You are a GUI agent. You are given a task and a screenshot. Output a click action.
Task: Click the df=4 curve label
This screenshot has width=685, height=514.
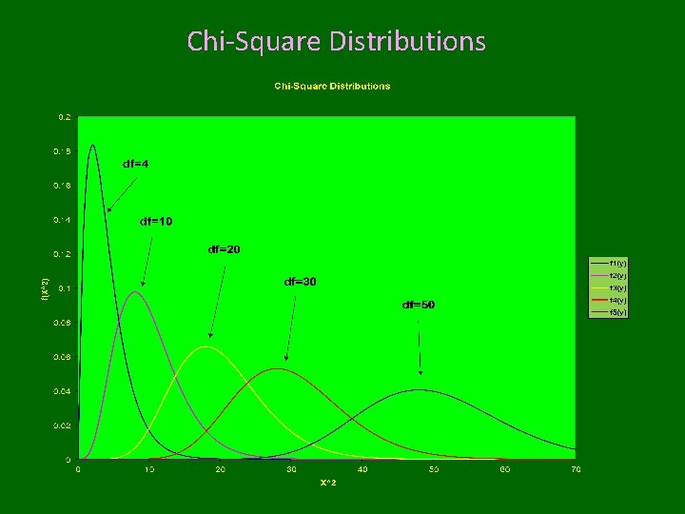pyautogui.click(x=135, y=164)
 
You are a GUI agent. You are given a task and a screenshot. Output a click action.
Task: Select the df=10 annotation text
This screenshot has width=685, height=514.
pyautogui.click(x=156, y=222)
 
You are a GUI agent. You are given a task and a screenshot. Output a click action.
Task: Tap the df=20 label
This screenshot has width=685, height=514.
pyautogui.click(x=224, y=249)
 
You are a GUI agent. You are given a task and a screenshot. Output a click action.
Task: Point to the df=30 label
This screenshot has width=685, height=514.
pyautogui.click(x=301, y=282)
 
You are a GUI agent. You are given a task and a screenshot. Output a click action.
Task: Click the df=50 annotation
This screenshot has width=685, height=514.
pyautogui.click(x=419, y=305)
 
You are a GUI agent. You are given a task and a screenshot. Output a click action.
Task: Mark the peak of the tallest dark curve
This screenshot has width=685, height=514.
pyautogui.click(x=92, y=146)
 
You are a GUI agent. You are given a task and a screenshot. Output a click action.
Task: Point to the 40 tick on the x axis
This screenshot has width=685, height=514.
pyautogui.click(x=362, y=469)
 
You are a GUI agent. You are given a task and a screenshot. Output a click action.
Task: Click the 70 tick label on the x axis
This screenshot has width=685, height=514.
pyautogui.click(x=576, y=469)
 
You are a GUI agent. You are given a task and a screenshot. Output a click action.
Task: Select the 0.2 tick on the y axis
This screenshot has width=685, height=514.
pyautogui.click(x=65, y=116)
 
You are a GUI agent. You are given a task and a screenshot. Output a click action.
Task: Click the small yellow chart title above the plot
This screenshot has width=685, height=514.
pyautogui.click(x=332, y=87)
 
